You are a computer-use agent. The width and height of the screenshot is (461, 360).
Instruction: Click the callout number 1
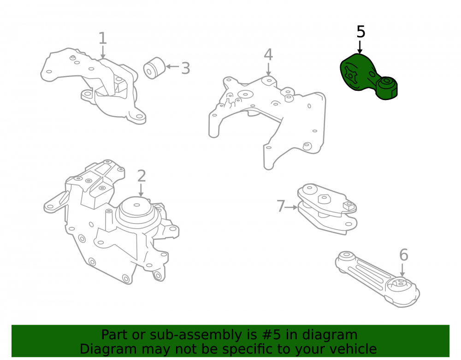pos(102,39)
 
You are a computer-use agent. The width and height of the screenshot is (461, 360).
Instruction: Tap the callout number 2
pos(142,176)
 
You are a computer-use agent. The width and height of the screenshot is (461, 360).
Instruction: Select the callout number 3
pos(185,68)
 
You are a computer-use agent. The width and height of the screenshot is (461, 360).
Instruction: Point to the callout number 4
pos(268,54)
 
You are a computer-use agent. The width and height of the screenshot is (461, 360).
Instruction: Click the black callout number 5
pos(361,32)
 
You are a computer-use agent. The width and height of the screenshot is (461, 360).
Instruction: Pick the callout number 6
pos(404,255)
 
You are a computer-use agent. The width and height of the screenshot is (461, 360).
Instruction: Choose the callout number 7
pos(281,206)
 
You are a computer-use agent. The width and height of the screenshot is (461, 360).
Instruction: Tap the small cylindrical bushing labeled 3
pos(154,68)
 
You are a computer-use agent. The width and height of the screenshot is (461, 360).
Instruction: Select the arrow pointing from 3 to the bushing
pos(172,67)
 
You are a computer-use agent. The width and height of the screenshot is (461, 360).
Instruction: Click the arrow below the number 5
pos(360,47)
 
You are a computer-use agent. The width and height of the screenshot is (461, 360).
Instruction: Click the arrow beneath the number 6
pos(402,270)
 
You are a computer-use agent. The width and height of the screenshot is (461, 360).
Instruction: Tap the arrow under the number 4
pos(268,69)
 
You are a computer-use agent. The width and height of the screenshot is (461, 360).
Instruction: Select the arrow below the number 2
pos(141,190)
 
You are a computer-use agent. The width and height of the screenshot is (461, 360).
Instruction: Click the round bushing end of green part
pos(387,88)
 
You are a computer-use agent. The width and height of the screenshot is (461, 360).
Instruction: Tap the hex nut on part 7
pos(324,198)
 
